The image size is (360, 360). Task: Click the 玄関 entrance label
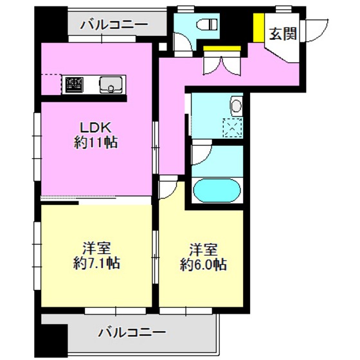click(283, 33)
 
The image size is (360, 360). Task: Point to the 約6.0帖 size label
click(203, 264)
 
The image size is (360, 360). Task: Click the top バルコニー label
click(114, 25)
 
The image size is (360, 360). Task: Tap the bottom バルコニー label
click(132, 333)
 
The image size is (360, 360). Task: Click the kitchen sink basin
click(110, 84)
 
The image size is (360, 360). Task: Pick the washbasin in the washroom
click(237, 105)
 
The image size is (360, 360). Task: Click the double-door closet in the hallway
click(222, 62)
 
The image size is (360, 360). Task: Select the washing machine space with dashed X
click(233, 129)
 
